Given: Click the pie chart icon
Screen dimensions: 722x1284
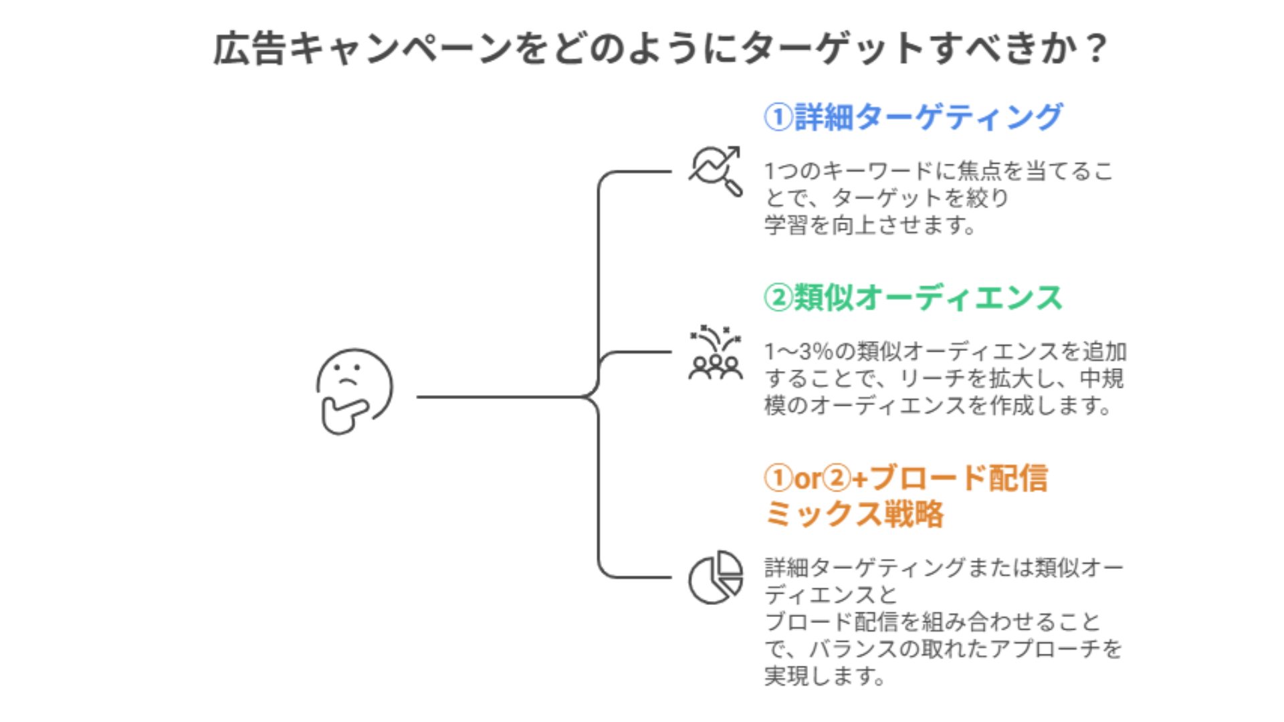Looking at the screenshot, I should tap(716, 577).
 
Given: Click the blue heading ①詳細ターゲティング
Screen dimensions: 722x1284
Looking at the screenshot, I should tap(913, 117).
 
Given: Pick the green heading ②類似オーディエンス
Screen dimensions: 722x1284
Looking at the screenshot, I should tap(913, 297).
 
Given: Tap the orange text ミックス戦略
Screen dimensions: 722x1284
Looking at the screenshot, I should tap(854, 514).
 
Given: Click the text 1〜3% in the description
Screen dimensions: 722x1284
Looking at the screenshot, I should tap(798, 351).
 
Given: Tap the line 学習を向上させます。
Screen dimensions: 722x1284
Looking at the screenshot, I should tap(870, 225).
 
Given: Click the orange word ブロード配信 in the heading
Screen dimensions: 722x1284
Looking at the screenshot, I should tap(958, 478).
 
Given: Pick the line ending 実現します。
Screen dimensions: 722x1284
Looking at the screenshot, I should tap(825, 676).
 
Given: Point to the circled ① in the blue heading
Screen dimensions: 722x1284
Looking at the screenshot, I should tap(778, 117).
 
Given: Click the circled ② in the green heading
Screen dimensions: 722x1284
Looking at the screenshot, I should tap(778, 297).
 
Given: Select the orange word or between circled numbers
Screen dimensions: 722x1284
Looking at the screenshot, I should tap(807, 479).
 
